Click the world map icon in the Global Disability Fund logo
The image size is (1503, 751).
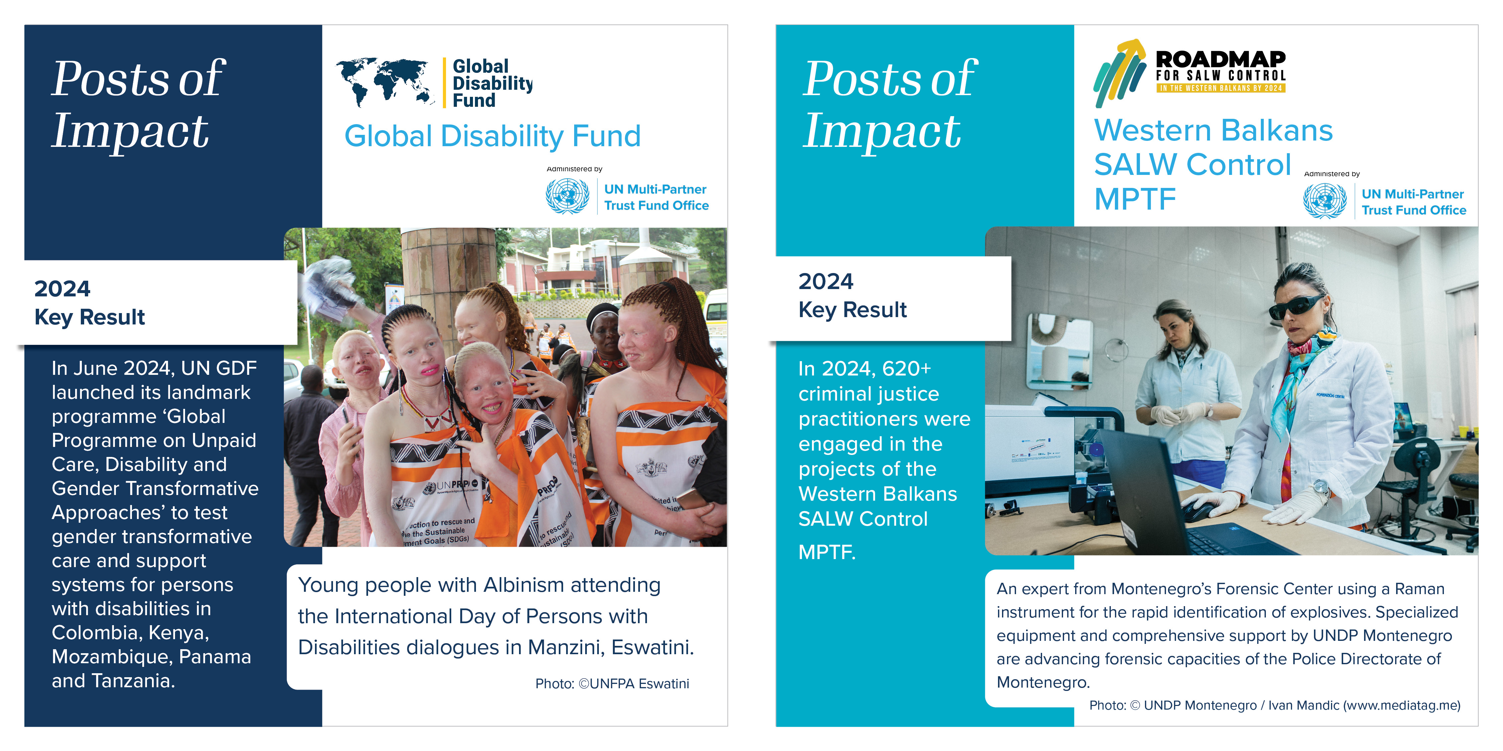click(x=385, y=82)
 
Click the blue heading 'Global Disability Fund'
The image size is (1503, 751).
click(x=492, y=137)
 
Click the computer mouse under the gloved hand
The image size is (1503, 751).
click(x=1202, y=513)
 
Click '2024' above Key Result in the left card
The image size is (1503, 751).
click(x=62, y=289)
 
